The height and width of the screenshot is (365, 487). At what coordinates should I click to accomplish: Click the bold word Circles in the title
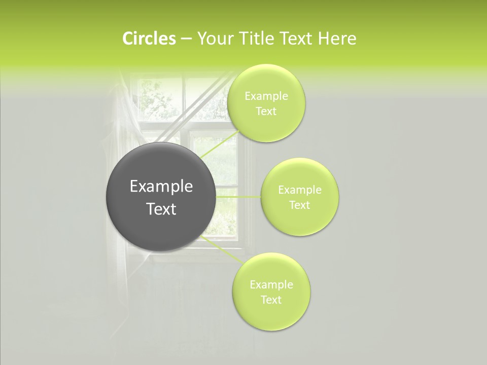[x=149, y=39]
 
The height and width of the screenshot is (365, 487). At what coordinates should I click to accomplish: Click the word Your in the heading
[x=215, y=39]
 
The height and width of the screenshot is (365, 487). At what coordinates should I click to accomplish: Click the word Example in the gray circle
[x=161, y=187]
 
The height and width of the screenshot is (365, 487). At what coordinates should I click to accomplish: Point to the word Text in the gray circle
[x=161, y=209]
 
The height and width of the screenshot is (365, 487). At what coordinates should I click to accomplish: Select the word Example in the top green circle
[x=266, y=96]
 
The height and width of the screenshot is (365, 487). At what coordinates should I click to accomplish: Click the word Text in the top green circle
[x=266, y=112]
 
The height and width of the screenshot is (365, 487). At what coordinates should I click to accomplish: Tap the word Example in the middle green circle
[x=300, y=190]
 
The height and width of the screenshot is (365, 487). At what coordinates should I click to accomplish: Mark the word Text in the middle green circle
[x=300, y=205]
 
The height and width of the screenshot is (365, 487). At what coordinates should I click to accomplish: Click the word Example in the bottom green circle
[x=271, y=285]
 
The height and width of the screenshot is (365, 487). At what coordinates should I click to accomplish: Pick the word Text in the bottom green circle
[x=271, y=300]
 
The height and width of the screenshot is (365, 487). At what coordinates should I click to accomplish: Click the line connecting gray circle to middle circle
[x=238, y=197]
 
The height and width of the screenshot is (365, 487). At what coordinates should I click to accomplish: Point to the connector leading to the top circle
[x=221, y=144]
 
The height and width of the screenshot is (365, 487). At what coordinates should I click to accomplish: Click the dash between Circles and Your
[x=186, y=39]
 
